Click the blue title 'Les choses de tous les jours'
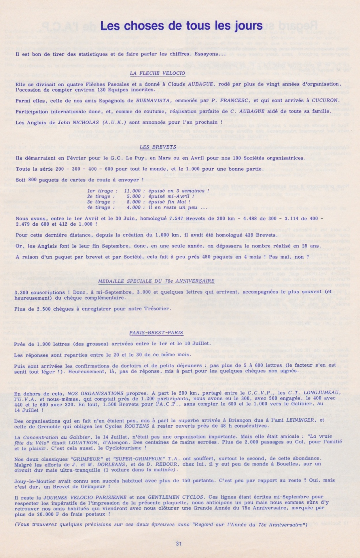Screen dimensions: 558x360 pyautogui.click(x=181, y=26)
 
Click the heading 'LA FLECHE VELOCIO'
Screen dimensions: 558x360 pyautogui.click(x=157, y=73)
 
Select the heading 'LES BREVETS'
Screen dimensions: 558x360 pyautogui.click(x=158, y=147)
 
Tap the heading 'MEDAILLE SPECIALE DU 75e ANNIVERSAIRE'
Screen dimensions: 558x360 pyautogui.click(x=156, y=281)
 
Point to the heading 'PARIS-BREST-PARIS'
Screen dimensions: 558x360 pyautogui.click(x=156, y=333)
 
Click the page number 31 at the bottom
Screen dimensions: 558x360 pyautogui.click(x=179, y=544)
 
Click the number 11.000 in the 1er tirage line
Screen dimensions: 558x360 pyautogui.click(x=132, y=191)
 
